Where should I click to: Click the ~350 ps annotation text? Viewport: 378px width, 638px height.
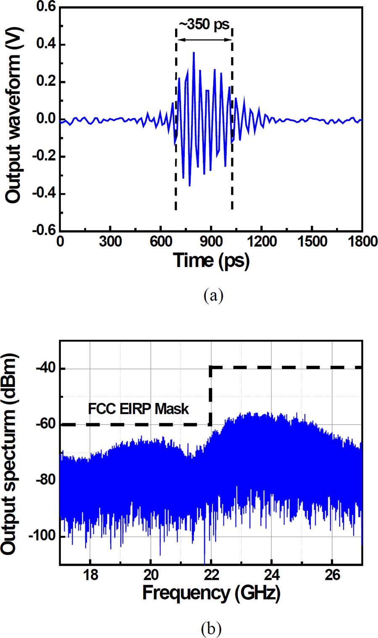(x=204, y=24)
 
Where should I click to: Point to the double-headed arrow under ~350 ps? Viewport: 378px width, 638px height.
(x=204, y=40)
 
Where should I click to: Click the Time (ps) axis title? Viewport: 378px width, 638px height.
(x=211, y=261)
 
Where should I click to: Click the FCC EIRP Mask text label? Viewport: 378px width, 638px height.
(x=138, y=408)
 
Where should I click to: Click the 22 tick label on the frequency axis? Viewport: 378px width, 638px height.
(x=211, y=574)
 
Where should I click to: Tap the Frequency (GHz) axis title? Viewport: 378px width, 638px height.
(x=211, y=593)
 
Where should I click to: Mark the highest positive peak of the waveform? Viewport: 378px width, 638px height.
(x=194, y=53)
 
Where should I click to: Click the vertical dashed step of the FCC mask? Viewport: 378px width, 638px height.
(x=210, y=395)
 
